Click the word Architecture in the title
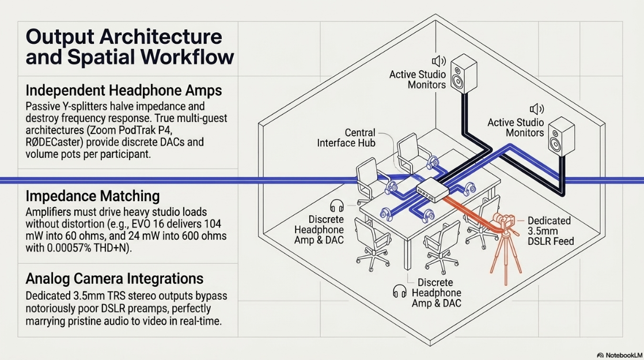161,36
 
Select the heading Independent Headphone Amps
124,90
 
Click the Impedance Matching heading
92,196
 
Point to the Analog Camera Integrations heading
114,278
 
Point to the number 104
213,224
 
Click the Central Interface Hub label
346,138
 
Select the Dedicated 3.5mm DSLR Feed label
551,231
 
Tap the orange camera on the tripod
505,223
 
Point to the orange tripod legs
506,259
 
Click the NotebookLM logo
619,355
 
